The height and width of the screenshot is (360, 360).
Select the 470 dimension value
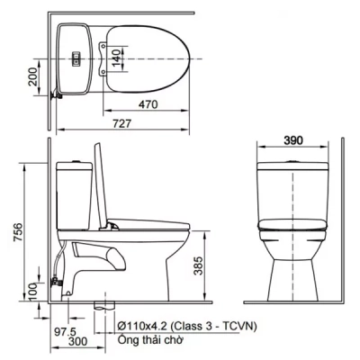click(149, 104)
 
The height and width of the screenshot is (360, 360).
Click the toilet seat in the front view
click(295, 224)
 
